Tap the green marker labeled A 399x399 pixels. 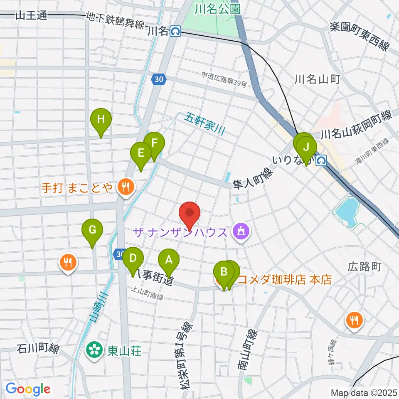tap(169, 261)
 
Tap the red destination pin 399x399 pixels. tap(190, 214)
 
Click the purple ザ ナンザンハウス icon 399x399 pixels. tap(240, 231)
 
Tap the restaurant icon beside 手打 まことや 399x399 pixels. tap(125, 187)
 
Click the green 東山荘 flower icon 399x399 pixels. tap(94, 350)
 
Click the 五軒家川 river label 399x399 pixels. tap(205, 123)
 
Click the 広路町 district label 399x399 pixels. tap(365, 266)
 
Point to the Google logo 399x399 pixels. tap(28, 389)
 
